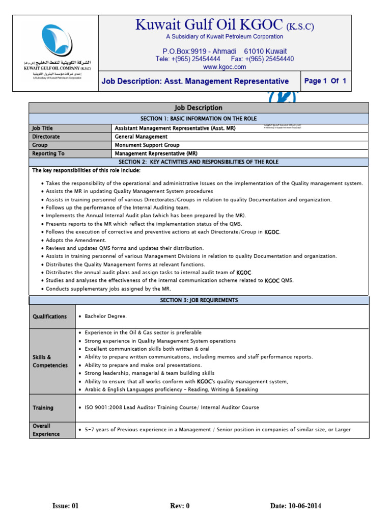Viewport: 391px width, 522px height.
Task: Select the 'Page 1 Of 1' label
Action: pyautogui.click(x=325, y=81)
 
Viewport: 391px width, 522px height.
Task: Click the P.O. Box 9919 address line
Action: pyautogui.click(x=225, y=51)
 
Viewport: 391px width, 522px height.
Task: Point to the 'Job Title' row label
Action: pyautogui.click(x=42, y=128)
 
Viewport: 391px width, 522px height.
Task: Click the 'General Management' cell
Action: pyautogui.click(x=141, y=137)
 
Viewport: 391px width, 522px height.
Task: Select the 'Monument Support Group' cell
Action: pyautogui.click(x=147, y=145)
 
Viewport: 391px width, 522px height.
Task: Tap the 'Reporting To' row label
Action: pyautogui.click(x=48, y=153)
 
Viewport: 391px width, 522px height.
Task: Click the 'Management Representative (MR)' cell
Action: pyautogui.click(x=156, y=153)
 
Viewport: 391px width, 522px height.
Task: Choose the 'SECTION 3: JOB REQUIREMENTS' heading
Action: pyautogui.click(x=199, y=300)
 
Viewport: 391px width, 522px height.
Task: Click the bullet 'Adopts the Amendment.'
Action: pyautogui.click(x=76, y=240)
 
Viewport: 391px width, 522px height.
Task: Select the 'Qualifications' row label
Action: pyautogui.click(x=50, y=317)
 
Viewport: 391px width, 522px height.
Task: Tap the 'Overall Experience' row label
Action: pyautogui.click(x=46, y=430)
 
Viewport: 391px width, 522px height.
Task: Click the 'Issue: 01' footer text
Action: pyautogui.click(x=66, y=506)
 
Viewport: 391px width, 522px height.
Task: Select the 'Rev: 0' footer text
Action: pyautogui.click(x=180, y=506)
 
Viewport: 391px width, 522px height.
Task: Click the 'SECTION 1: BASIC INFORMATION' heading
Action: pyautogui.click(x=199, y=118)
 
